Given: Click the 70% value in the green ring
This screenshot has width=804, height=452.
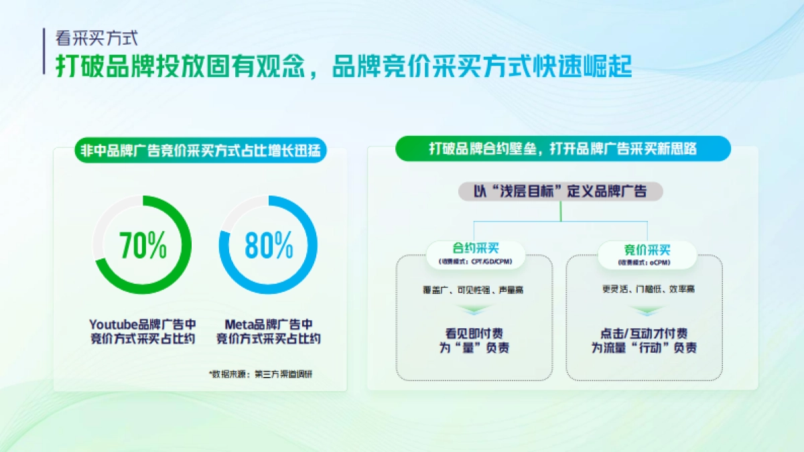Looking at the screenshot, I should click(x=142, y=245).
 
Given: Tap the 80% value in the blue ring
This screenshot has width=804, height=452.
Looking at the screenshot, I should click(x=269, y=245).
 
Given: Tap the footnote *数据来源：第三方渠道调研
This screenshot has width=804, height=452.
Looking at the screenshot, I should click(x=261, y=374).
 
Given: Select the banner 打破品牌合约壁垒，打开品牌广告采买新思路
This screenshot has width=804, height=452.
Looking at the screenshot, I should click(x=563, y=149).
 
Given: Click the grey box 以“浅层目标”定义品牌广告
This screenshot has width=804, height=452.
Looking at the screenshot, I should click(x=560, y=192).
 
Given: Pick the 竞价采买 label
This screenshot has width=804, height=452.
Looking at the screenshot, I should click(x=647, y=250).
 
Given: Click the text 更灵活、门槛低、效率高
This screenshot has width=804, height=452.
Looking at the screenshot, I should click(x=647, y=289).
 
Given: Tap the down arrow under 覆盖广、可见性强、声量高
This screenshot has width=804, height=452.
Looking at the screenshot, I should click(x=475, y=309).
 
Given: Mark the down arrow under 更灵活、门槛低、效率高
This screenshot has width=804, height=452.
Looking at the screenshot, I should click(x=647, y=309).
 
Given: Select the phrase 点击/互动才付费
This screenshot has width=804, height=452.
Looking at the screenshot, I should click(x=644, y=333).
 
